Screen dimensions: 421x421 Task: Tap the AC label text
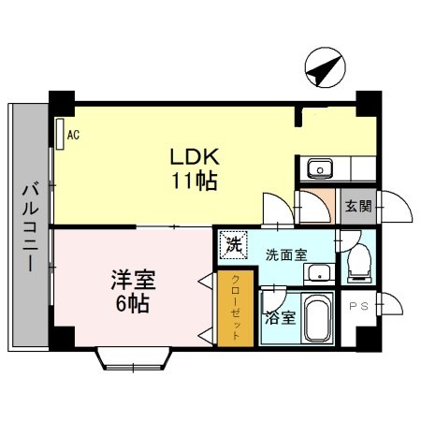tap(73, 135)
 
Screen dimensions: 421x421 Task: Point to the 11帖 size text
tap(193, 180)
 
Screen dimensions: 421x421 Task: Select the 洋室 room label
tap(132, 280)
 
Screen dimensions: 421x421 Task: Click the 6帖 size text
tap(132, 303)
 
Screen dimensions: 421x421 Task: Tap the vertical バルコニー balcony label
tap(29, 225)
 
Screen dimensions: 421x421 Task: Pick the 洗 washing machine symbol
tap(230, 245)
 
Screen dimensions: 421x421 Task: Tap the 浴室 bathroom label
tap(280, 318)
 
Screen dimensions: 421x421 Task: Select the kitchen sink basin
tap(318, 170)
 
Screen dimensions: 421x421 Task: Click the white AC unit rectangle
tap(59, 134)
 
